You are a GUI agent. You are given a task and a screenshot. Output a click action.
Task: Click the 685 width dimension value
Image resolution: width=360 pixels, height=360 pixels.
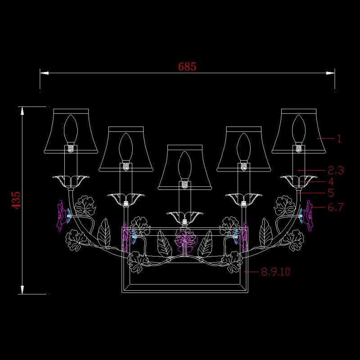(187, 67)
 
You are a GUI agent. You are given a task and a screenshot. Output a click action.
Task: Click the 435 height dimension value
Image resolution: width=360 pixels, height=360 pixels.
(16, 200)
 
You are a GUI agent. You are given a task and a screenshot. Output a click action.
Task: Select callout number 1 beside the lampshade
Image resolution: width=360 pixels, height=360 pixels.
(339, 139)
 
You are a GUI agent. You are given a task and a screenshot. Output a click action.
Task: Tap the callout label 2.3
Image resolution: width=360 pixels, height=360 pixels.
(336, 171)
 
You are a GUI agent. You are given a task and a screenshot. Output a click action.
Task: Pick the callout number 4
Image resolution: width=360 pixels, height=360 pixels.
(331, 182)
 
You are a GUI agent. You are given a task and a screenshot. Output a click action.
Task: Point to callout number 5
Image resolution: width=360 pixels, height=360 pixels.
(331, 193)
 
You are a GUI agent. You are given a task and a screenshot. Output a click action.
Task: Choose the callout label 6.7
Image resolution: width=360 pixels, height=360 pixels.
(335, 207)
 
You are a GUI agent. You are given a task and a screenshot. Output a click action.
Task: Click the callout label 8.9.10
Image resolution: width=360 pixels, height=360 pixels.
(276, 272)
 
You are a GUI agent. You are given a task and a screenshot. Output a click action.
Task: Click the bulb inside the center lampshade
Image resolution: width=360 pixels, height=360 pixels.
(185, 166)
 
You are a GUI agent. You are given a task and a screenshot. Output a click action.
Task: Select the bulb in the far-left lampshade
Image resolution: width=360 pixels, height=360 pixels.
(71, 130)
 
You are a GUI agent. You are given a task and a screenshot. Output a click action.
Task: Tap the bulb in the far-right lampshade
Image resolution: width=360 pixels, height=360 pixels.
(299, 130)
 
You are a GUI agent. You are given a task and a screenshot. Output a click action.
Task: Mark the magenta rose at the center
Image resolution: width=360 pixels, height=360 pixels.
(186, 242)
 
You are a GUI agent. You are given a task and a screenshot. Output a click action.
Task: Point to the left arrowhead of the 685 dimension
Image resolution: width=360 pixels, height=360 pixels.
(44, 73)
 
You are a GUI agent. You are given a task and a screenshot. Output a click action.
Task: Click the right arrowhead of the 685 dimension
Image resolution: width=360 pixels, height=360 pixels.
(330, 73)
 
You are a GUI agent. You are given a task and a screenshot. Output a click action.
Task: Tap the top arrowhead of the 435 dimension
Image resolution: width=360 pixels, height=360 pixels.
(22, 111)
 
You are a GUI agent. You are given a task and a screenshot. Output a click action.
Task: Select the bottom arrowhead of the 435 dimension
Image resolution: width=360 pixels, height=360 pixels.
(22, 290)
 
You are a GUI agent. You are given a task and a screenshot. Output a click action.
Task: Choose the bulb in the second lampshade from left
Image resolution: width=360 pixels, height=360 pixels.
(126, 148)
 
